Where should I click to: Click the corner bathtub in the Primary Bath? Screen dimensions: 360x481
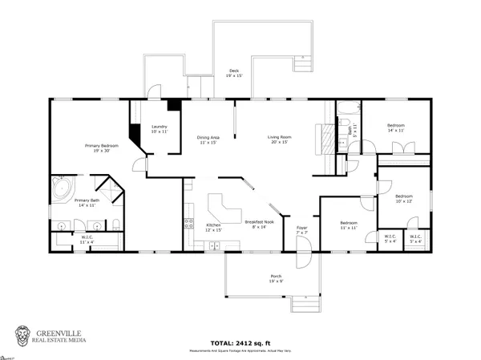coord(61,188)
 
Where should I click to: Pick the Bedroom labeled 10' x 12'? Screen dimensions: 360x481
coord(403,198)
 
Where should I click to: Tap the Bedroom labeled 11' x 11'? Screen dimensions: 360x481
coord(347,225)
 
